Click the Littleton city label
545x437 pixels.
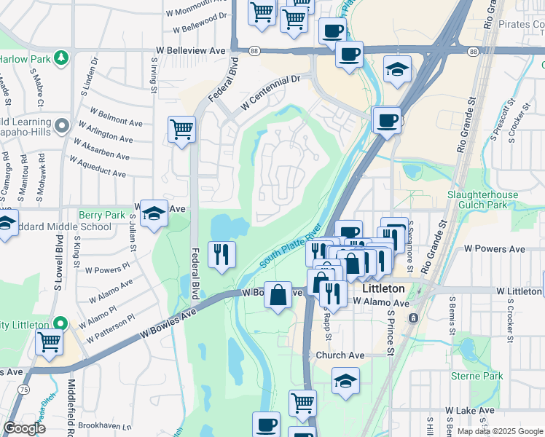[383, 288]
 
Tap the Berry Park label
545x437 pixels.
[102, 215]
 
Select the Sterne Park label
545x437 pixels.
[477, 377]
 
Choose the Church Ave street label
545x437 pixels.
[340, 355]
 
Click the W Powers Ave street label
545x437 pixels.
[495, 249]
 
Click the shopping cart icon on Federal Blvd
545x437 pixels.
[181, 130]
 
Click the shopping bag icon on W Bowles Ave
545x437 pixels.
[278, 295]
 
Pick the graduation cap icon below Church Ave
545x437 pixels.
[345, 380]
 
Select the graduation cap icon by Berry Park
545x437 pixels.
[154, 213]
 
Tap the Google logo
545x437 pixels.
[25, 428]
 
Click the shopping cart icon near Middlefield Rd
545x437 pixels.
[49, 340]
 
